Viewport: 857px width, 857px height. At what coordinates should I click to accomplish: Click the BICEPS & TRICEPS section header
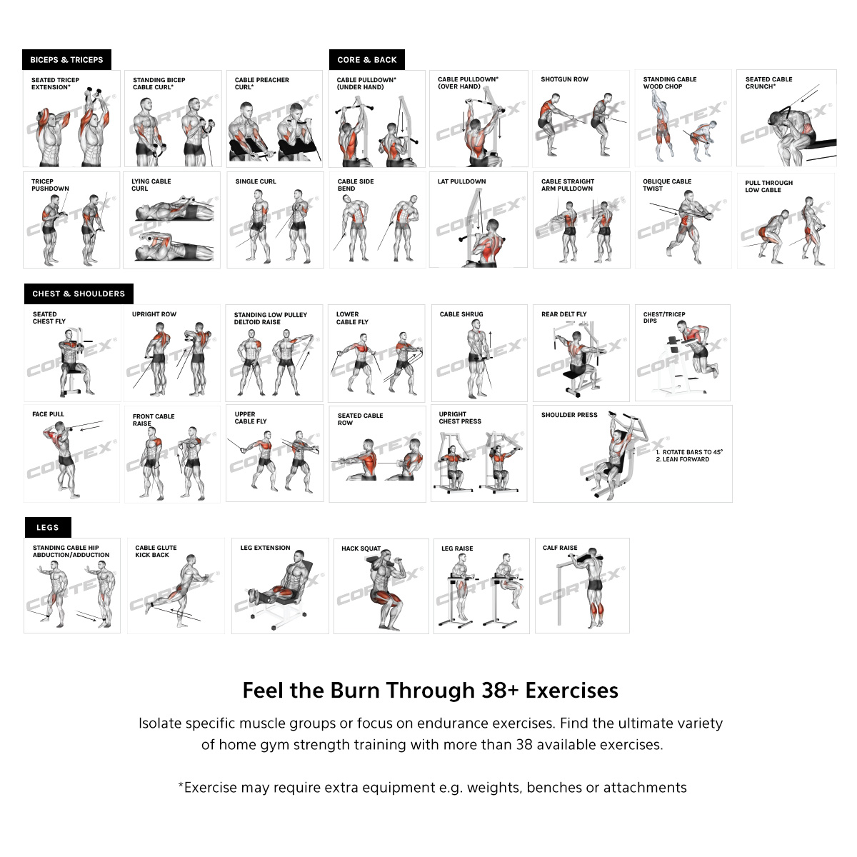pos(66,59)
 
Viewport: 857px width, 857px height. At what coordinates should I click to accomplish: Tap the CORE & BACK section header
pos(367,59)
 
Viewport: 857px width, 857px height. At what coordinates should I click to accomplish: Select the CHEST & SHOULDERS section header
pos(79,294)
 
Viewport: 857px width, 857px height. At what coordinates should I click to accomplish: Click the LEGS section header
pos(48,528)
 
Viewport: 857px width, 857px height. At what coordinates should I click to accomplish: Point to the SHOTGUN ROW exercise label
pos(564,79)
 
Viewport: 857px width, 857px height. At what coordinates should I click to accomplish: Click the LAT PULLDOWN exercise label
pos(461,181)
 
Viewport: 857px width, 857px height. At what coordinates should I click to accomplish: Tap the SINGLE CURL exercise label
pos(256,181)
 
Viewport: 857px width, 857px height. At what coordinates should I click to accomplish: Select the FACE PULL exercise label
pos(48,414)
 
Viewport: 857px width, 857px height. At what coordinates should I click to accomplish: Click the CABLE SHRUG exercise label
pos(461,314)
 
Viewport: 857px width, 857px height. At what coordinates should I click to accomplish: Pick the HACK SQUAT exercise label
pos(361,548)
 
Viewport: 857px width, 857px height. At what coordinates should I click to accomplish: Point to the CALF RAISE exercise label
pos(560,548)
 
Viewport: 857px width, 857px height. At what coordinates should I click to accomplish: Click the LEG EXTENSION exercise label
pos(265,548)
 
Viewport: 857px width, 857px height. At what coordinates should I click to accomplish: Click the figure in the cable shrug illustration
pos(477,359)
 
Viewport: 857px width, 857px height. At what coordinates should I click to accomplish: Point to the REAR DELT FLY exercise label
pos(564,314)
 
